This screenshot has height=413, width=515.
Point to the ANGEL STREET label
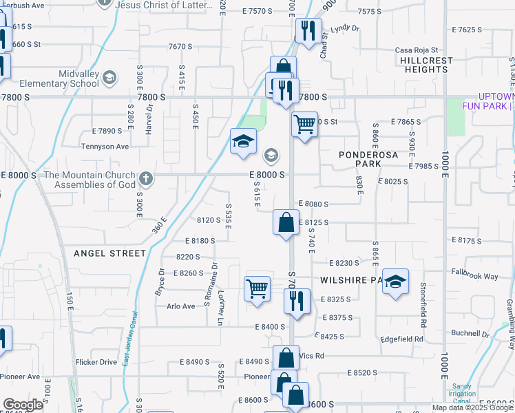tap(110, 253)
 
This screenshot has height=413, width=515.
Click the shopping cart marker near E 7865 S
tap(304, 125)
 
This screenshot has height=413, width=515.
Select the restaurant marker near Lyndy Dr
tap(308, 30)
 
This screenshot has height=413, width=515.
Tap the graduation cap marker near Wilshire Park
tap(395, 282)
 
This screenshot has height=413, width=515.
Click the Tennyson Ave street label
tap(105, 147)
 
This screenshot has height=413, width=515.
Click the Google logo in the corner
tap(23, 405)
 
